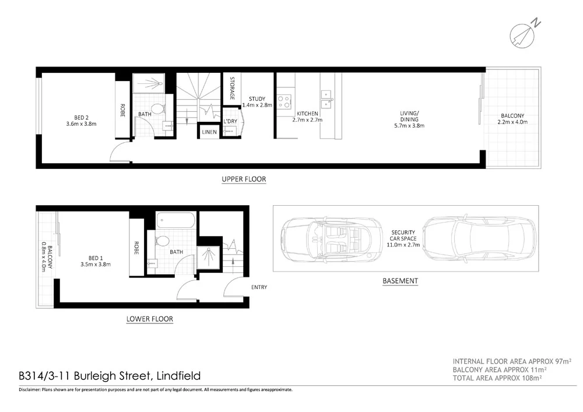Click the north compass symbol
tap(524, 33)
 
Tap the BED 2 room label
tap(81, 120)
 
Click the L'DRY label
tap(230, 121)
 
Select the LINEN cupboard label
tap(209, 132)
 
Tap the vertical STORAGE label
tap(232, 88)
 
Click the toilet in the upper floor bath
tap(157, 108)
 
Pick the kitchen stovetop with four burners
tap(284, 101)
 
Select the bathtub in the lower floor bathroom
tap(175, 221)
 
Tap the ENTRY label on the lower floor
tap(259, 287)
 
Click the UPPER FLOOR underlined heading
tap(244, 179)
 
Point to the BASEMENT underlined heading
tap(400, 281)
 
